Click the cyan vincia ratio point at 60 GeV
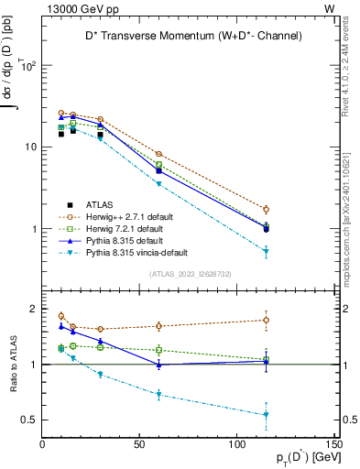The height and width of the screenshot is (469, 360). coord(158,395)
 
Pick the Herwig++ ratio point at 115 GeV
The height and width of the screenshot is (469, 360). coord(266,320)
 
